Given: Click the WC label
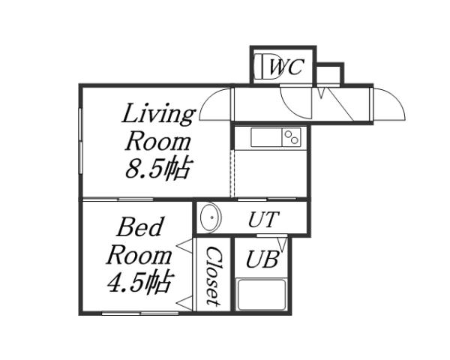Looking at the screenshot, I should (x=286, y=67).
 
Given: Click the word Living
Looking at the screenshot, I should (x=158, y=115).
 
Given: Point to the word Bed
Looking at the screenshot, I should (x=140, y=226).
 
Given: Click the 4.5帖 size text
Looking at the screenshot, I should (x=139, y=283).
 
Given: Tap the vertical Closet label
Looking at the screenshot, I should (x=213, y=275).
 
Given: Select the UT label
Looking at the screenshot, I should (x=263, y=220).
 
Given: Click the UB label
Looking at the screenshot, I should (x=262, y=259).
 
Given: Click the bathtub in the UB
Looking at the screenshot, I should (x=262, y=294).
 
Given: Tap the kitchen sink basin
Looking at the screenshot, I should (x=265, y=137).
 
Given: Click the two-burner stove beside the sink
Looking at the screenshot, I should (x=292, y=137).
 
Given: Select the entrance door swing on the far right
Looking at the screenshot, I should (x=389, y=106).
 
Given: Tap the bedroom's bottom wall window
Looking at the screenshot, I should (x=140, y=313).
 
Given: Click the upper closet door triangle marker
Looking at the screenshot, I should (x=183, y=245).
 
